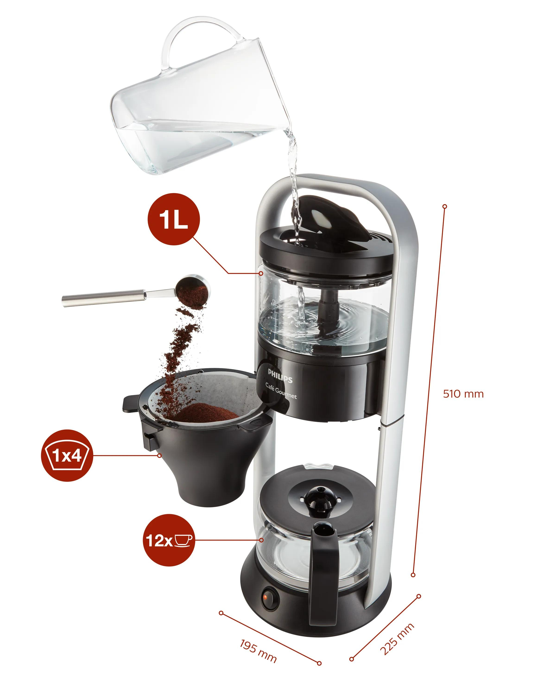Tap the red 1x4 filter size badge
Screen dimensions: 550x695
point(67,455)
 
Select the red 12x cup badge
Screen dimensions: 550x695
point(168,540)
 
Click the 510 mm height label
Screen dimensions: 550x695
point(463,394)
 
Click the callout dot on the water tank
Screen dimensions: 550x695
point(261,273)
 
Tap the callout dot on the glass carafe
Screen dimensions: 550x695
point(261,540)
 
